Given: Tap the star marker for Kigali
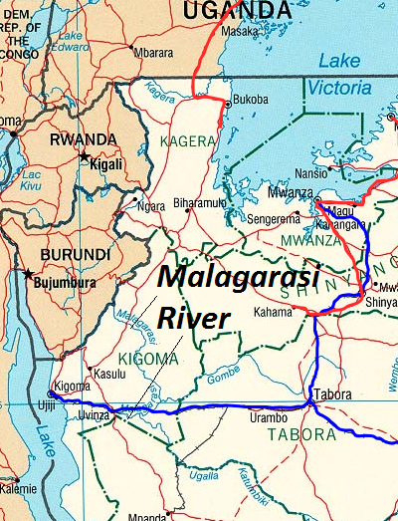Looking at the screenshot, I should click(x=84, y=158).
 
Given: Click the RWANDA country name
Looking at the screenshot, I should click(x=81, y=139).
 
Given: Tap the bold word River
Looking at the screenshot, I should click(x=194, y=319).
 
